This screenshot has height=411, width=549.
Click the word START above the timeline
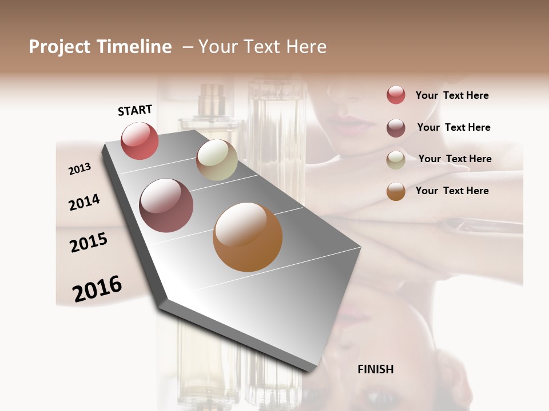135,110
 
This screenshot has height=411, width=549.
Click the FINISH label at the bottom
376,369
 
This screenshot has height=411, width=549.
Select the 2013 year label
79,168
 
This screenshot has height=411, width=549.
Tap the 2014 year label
84,202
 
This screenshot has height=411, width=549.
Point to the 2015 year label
89,243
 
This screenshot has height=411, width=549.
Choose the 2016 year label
97,288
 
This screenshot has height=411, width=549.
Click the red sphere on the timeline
140,140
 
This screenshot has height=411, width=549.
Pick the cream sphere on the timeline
217,160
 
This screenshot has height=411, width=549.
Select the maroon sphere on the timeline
166,205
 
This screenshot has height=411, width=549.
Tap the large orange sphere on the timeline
248,237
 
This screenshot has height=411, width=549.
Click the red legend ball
396,95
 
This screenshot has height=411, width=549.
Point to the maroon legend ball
396,128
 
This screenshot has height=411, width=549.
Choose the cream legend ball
396,160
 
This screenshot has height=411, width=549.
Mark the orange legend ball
396,191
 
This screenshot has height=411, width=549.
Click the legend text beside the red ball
452,95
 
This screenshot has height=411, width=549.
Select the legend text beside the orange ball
452,191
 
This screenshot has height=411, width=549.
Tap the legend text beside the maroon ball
453,127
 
